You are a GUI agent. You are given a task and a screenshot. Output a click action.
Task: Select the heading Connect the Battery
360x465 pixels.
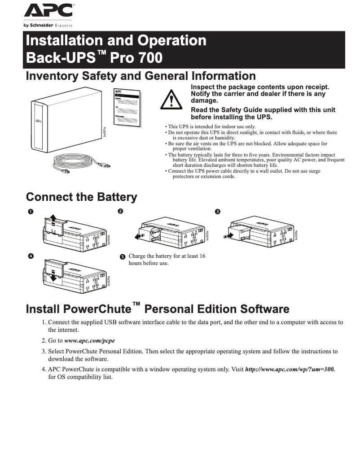tap(81, 197)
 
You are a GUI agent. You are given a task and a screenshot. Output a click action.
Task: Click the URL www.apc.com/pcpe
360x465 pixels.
tap(89, 341)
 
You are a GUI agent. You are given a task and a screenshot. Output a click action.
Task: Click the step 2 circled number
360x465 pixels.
tap(120, 211)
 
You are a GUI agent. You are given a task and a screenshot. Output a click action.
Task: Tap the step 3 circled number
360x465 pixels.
tap(218, 212)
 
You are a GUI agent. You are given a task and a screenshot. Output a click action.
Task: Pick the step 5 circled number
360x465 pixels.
tap(123, 257)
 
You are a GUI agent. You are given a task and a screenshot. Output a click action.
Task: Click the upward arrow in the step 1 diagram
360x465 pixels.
tap(53, 219)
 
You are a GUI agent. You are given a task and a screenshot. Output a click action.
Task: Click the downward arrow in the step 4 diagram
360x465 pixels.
tap(53, 278)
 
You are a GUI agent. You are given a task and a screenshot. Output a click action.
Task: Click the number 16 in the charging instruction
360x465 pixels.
tap(202, 256)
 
